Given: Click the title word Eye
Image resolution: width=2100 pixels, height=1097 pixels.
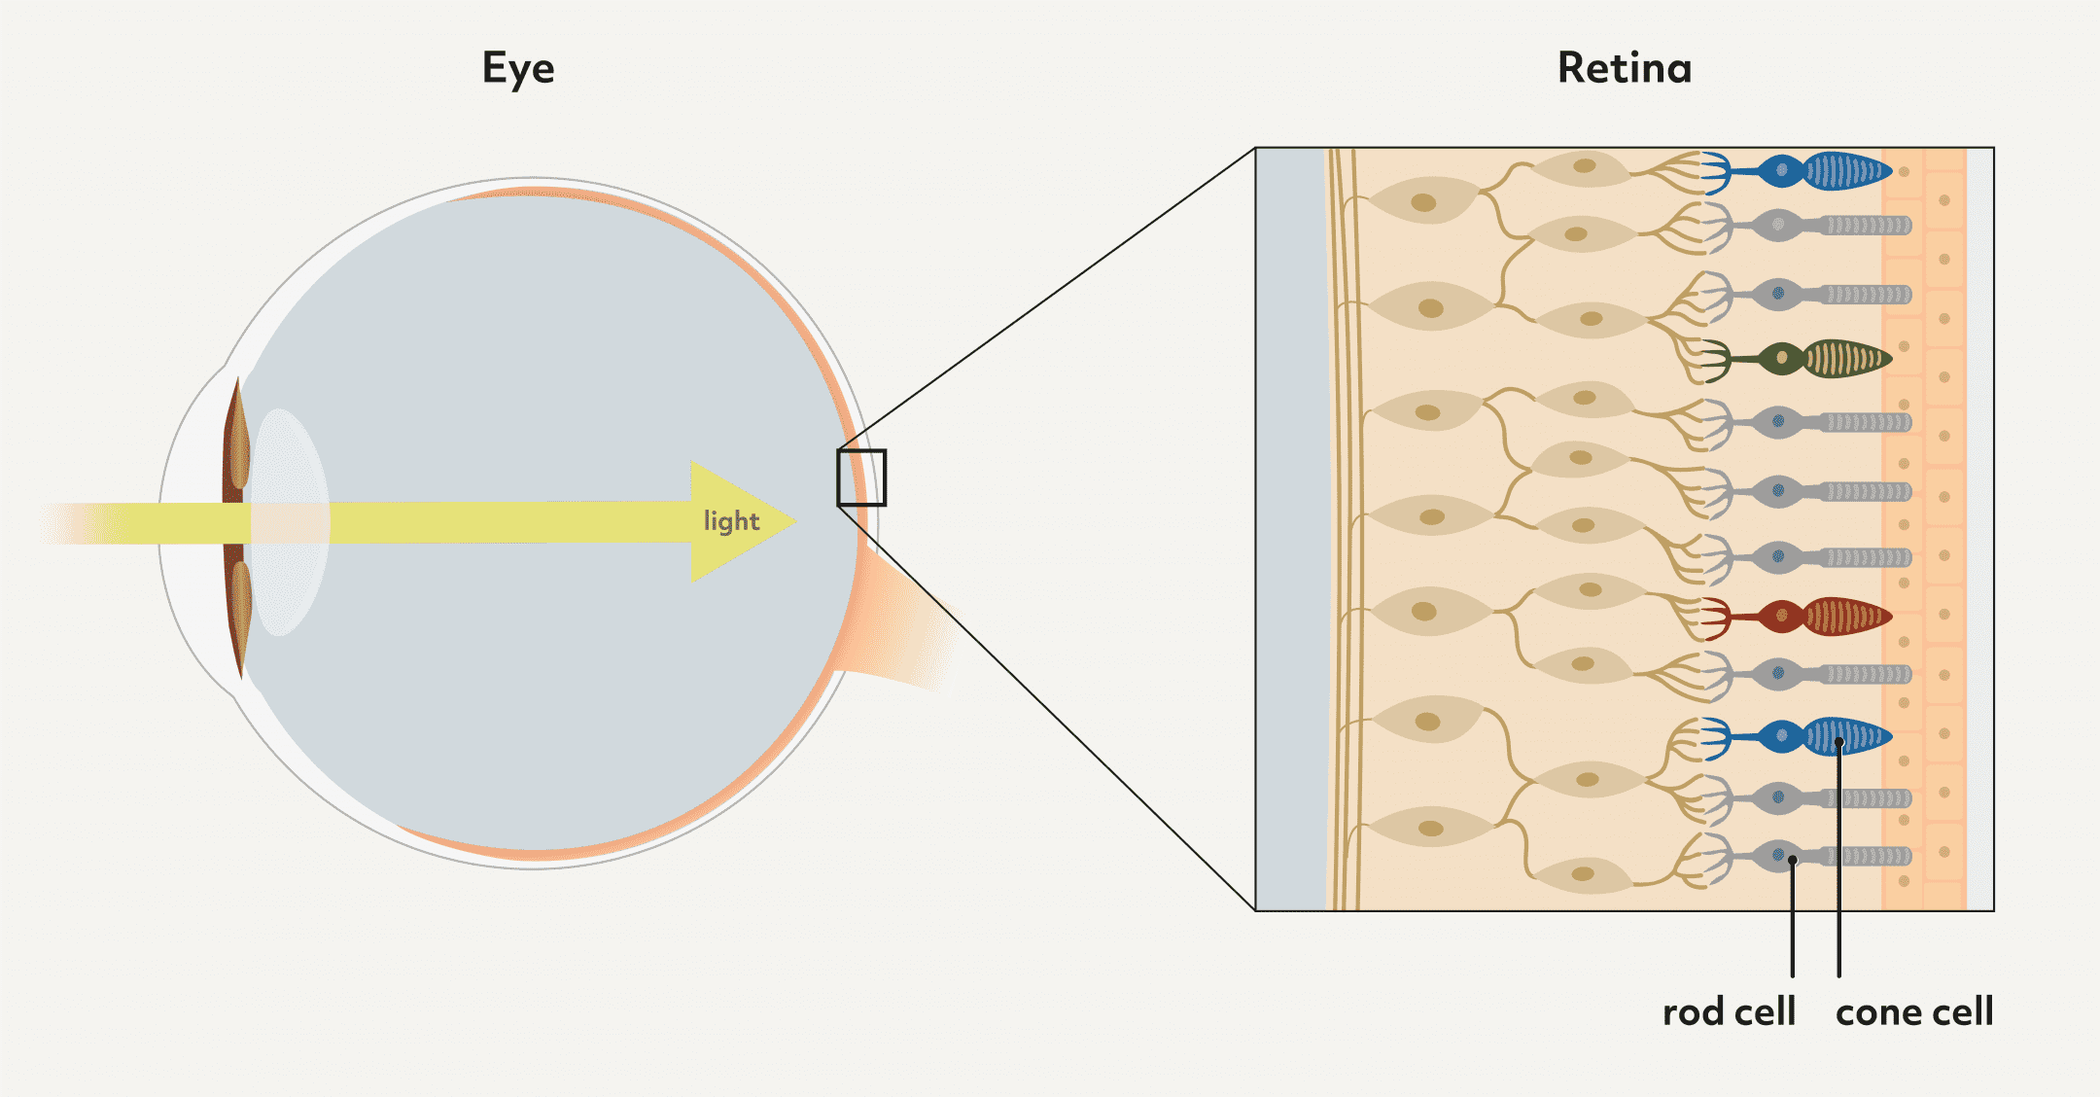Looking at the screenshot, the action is click(518, 69).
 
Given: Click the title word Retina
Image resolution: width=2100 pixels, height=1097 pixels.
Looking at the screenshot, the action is click(1625, 68).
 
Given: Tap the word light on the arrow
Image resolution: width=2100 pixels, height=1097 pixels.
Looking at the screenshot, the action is click(731, 521).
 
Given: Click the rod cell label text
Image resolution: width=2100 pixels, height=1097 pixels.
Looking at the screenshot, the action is click(1729, 1012).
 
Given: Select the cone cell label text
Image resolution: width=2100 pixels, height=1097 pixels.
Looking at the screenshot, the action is click(1914, 1012).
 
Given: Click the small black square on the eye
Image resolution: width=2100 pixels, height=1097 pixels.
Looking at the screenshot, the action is click(861, 478).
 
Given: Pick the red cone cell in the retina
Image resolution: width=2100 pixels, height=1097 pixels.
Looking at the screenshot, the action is click(1797, 617).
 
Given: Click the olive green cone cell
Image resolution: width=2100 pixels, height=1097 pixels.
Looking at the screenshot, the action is click(1797, 359).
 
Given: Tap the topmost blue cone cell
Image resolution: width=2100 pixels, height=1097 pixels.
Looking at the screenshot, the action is click(1797, 172).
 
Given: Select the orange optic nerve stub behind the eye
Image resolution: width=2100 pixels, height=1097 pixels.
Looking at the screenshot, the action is click(899, 622).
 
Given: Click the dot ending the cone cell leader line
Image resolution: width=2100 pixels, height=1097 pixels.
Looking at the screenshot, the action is click(1839, 743).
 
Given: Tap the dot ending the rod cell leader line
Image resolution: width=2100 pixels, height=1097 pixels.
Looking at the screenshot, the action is click(1793, 860).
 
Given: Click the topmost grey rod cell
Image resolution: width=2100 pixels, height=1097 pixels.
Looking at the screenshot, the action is click(1808, 226).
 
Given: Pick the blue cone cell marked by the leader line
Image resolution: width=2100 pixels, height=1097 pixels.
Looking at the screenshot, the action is click(1797, 737).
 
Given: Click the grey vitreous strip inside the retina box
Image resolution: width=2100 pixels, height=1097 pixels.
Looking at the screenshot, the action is click(1291, 529).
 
